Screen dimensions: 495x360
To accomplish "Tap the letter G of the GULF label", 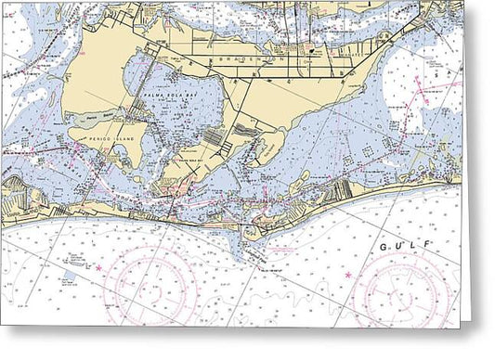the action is [x=384, y=248].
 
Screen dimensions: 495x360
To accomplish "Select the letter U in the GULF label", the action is [x=399, y=246].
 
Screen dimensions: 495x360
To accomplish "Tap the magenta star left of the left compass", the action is [x=98, y=268].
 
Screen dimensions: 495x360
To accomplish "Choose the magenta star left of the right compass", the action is [x=348, y=276].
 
